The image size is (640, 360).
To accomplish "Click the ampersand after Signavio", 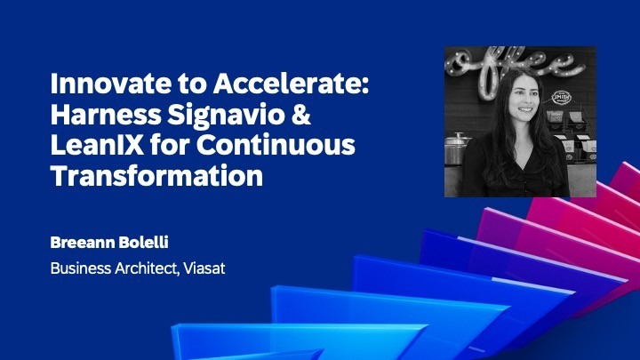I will pyautogui.click(x=285, y=116).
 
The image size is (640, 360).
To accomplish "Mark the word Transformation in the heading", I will pyautogui.click(x=156, y=175).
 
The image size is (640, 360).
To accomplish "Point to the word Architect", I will pyautogui.click(x=146, y=268).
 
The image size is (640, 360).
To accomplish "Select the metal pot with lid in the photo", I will pyautogui.click(x=457, y=147).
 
